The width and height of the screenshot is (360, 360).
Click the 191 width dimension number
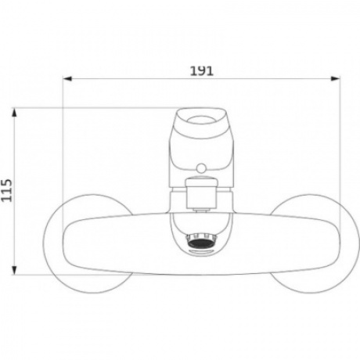click(x=201, y=70)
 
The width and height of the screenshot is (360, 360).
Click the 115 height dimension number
click(x=7, y=190)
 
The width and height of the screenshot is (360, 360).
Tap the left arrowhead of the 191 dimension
click(x=67, y=78)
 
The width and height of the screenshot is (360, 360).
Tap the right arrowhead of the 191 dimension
click(x=336, y=78)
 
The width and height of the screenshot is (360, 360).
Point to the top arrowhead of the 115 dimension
click(x=14, y=113)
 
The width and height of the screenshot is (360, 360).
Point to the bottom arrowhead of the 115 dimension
click(x=14, y=270)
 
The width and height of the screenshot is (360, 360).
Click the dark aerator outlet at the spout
click(x=201, y=242)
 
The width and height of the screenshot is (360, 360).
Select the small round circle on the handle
click(x=201, y=167)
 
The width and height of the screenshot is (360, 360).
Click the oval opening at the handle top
click(x=201, y=121)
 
